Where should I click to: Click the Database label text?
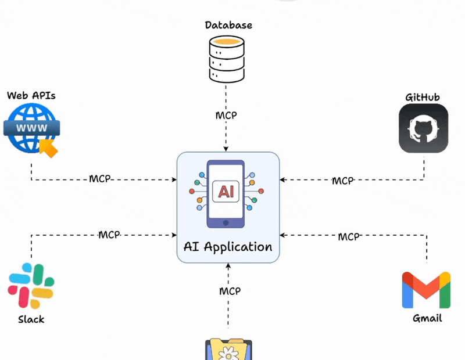coord(228,25)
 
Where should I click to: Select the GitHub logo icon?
coord(423,128)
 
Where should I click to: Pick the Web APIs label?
coord(31,95)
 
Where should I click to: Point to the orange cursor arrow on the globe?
coord(49,149)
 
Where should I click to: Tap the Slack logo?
coord(31,286)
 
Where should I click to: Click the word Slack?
coord(31,319)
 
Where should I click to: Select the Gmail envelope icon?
coord(427,289)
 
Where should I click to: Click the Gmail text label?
coord(427,318)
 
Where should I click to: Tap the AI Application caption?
coord(228,246)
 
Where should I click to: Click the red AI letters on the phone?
coord(227,191)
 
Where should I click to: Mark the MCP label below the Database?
coord(226,115)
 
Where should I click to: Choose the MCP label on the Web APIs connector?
coord(100,178)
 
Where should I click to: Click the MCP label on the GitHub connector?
coord(342,181)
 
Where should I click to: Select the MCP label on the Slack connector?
coord(109,235)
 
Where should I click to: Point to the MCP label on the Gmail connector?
coord(349,236)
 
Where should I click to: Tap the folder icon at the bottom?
coord(228,350)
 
